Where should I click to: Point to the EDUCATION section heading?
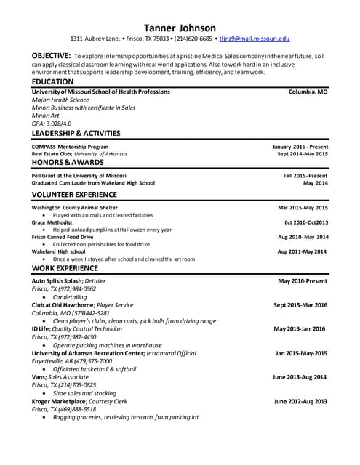coord(52,82)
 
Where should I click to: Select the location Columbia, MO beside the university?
coord(308,92)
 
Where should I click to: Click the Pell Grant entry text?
coord(79,176)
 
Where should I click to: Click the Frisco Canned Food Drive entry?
coord(63,237)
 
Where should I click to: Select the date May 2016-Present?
coord(303,280)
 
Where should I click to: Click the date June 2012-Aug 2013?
coord(300,401)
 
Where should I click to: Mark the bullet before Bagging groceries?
coord(45,418)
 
